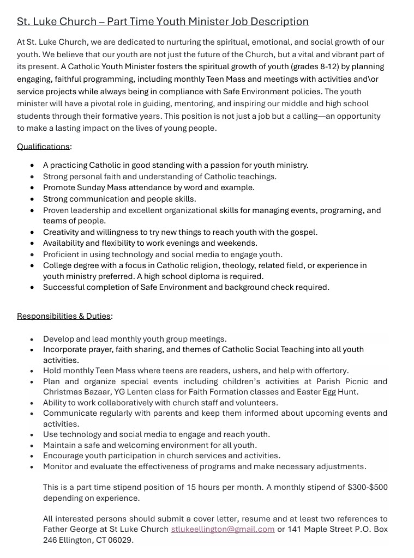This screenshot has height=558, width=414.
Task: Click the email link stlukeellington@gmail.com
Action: [x=223, y=529]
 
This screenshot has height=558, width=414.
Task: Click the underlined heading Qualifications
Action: [x=43, y=147]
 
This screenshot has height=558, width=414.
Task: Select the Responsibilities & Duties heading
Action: [x=64, y=316]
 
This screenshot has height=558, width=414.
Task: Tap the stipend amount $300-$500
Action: [x=367, y=487]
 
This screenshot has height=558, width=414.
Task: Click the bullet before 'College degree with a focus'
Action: [x=33, y=266]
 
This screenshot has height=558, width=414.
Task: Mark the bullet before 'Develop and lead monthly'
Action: [x=33, y=339]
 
